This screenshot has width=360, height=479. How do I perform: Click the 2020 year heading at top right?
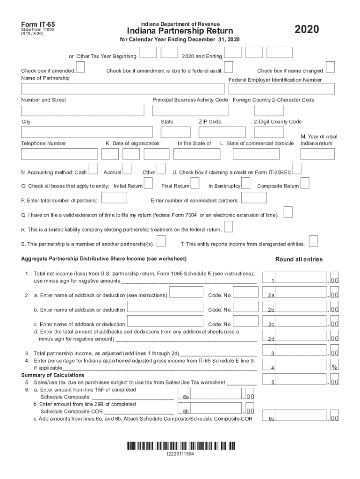click(307, 30)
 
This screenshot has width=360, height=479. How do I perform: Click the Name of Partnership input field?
click(122, 89)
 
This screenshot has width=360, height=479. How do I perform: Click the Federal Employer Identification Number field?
click(281, 89)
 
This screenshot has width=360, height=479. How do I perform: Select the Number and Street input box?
click(82, 110)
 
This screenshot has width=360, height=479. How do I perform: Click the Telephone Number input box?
click(59, 154)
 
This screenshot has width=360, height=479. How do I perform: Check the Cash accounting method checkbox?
click(93, 168)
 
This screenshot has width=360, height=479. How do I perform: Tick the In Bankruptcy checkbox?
click(246, 183)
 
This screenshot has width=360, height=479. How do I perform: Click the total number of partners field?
click(114, 198)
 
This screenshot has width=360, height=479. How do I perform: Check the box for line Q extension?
click(288, 212)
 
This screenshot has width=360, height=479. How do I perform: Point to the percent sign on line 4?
click(334, 367)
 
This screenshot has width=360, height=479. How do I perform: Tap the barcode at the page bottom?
click(180, 445)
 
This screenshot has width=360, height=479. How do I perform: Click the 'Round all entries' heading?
click(299, 259)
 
